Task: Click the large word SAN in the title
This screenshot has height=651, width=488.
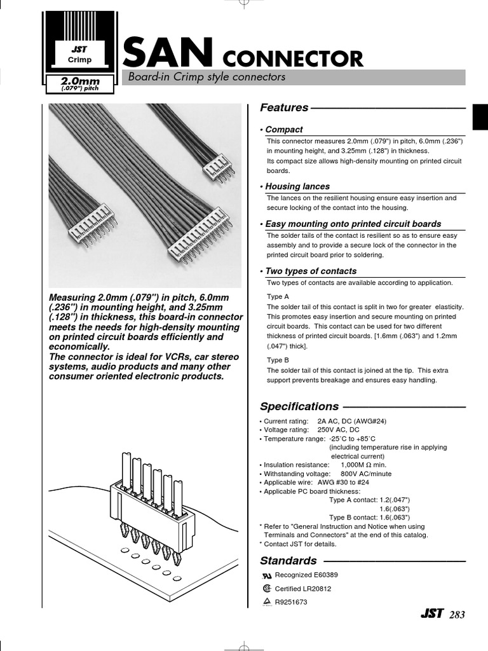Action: (x=168, y=53)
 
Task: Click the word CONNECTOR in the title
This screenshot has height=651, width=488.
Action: (x=292, y=58)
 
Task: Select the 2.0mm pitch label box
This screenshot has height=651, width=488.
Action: (x=79, y=83)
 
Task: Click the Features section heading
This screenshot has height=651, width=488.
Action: (x=284, y=107)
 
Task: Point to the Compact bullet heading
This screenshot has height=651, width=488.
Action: (x=283, y=129)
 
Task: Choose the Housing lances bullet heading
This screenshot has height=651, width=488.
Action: (x=297, y=186)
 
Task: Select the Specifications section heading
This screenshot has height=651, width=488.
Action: (x=299, y=406)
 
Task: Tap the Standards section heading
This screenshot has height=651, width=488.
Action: (x=288, y=561)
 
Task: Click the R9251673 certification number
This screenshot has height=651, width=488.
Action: (x=291, y=602)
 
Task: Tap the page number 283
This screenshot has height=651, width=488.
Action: (x=457, y=615)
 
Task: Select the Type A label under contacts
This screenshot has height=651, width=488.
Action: (x=278, y=296)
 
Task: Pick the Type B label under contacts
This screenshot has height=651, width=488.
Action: (x=278, y=360)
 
